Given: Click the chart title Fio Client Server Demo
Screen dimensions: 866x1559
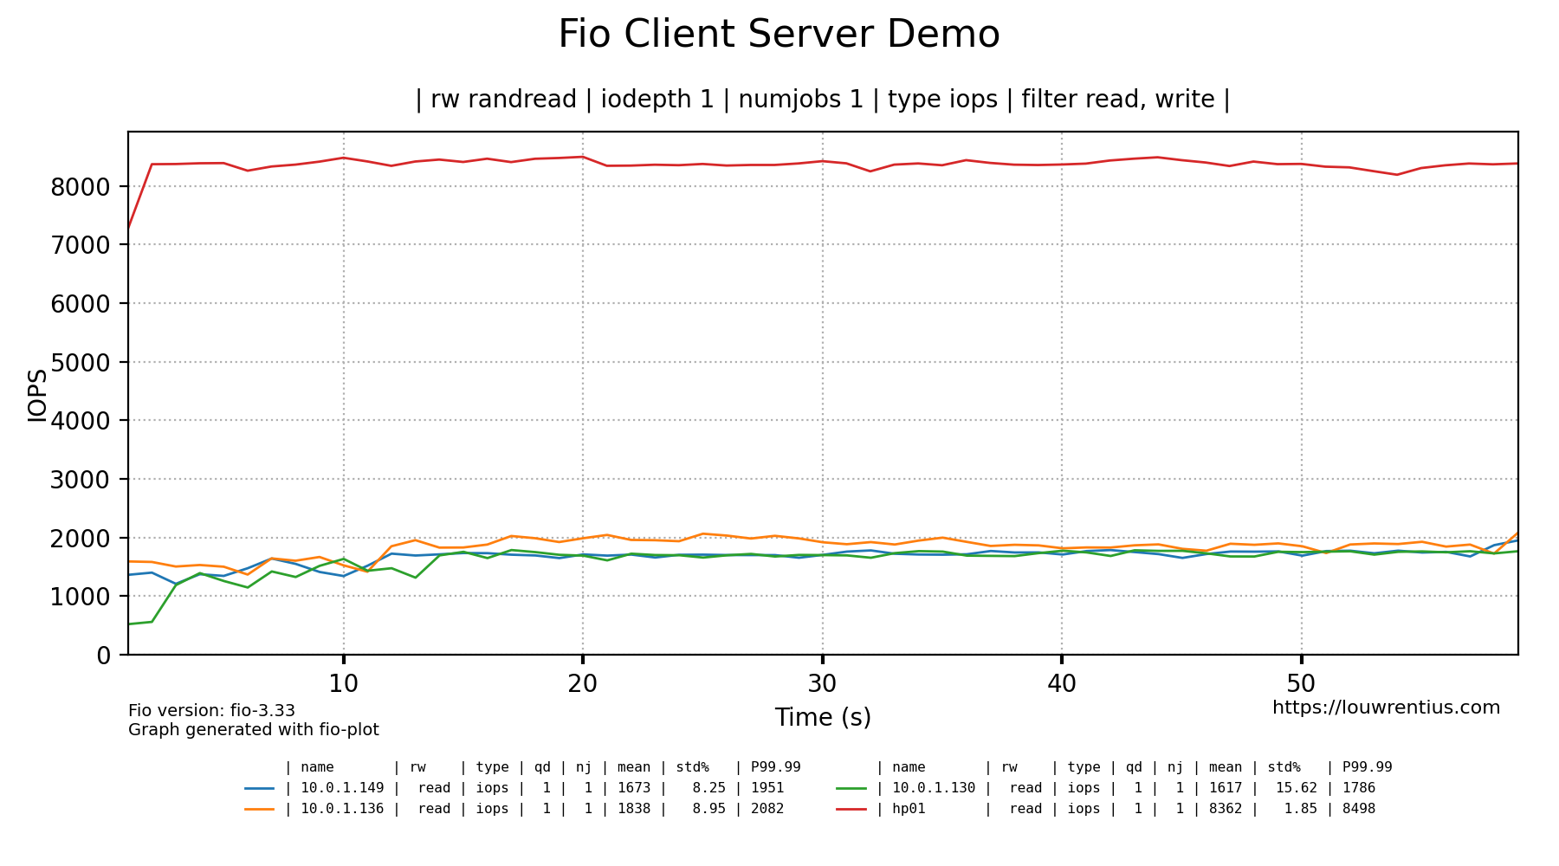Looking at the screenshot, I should tap(779, 36).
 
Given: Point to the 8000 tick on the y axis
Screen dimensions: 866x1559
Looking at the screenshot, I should tap(81, 187).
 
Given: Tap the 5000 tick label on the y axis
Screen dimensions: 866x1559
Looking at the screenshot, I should tap(81, 363).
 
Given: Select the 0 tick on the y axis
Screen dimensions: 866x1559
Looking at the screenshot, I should tap(104, 656).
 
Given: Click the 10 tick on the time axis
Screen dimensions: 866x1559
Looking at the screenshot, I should tap(343, 684).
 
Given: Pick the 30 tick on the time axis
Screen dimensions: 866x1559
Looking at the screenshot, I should tap(822, 684).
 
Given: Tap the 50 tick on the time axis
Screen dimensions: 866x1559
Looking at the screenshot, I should tap(1301, 684).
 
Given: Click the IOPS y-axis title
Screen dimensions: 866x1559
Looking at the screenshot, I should tap(37, 396).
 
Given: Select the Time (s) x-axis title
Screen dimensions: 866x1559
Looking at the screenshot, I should tap(822, 718).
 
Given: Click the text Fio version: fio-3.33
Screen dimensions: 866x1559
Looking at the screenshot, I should tap(211, 711).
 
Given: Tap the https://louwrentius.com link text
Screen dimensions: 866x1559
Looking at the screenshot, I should tap(1386, 708).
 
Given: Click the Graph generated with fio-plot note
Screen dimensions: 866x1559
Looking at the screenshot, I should tap(253, 730).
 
